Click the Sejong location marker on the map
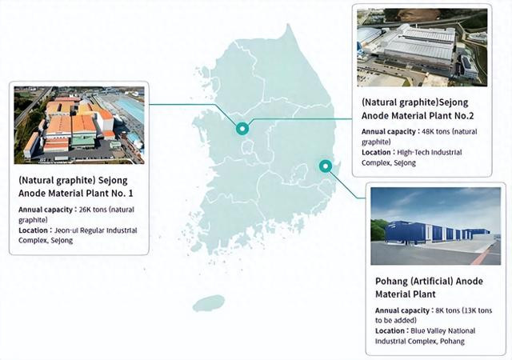click(x=242, y=129)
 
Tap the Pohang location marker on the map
click(x=326, y=166)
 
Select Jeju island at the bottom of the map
click(x=209, y=303)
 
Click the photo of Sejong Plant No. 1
click(x=79, y=125)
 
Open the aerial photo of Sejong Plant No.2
click(x=422, y=48)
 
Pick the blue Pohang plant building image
click(x=435, y=226)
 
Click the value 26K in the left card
click(x=85, y=210)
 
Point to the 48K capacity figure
click(x=428, y=132)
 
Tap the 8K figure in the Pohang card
click(x=440, y=310)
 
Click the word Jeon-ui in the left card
click(x=66, y=230)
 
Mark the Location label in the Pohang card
click(x=390, y=331)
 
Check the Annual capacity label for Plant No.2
click(x=388, y=132)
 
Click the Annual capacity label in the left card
click(x=46, y=210)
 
